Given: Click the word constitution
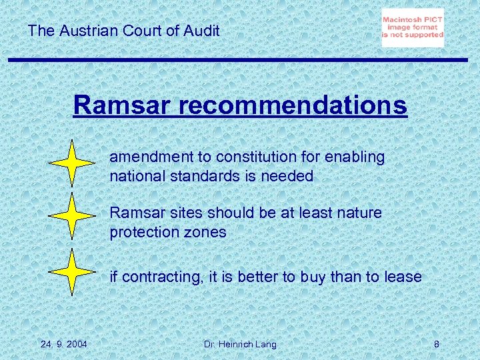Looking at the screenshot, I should [251, 157].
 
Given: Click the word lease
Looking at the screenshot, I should [403, 277].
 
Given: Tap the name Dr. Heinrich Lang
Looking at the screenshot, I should [240, 344].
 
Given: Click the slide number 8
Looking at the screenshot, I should [436, 344].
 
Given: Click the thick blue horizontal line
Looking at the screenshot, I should [240, 60].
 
